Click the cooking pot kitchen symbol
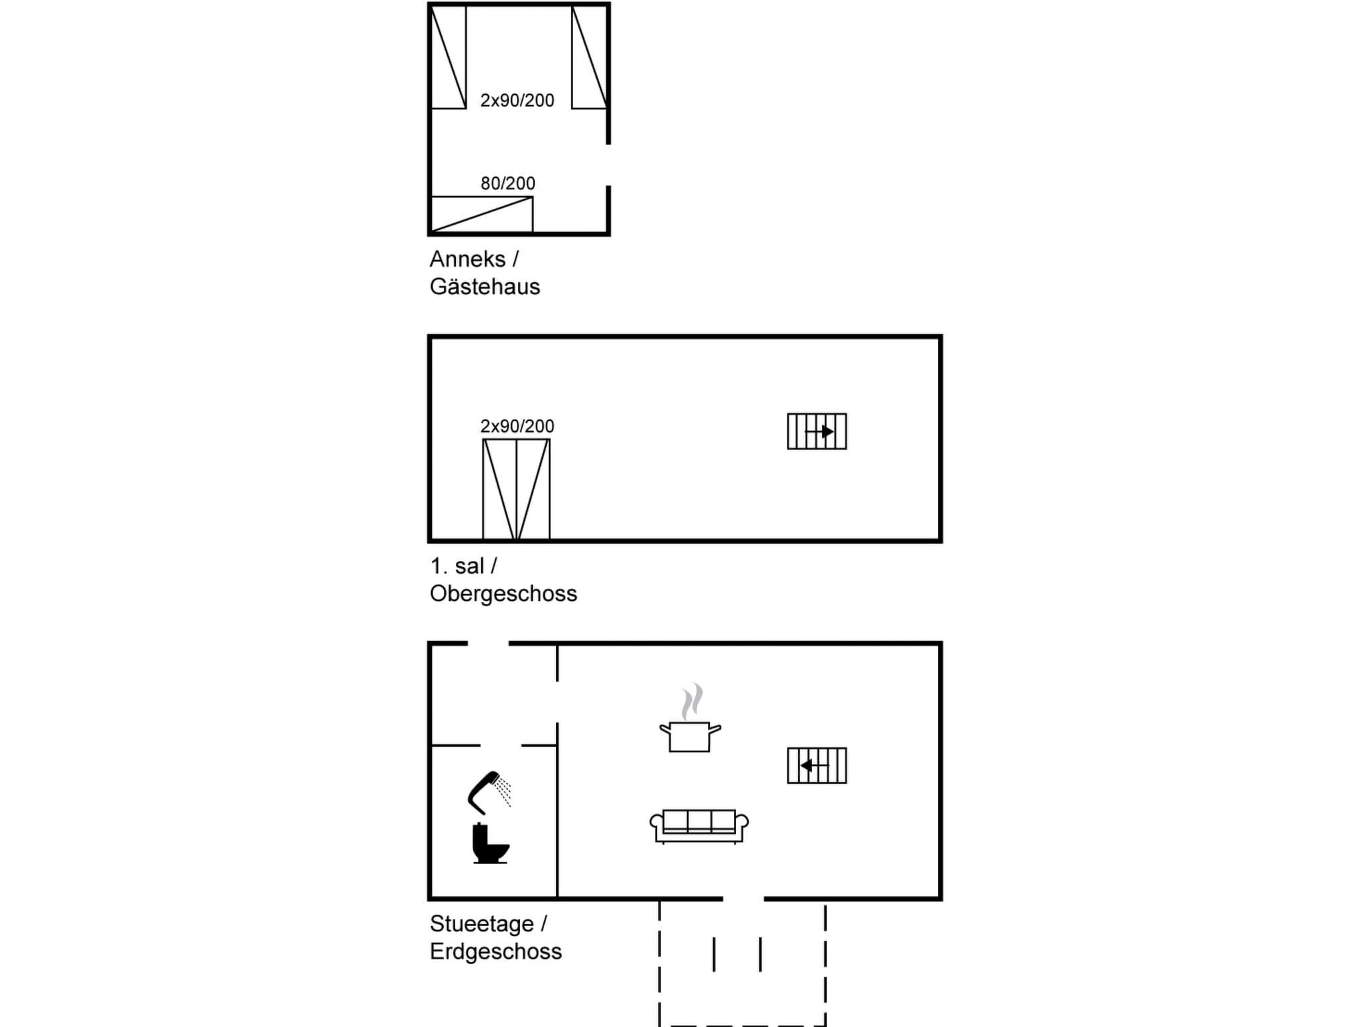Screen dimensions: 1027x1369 tap(690, 734)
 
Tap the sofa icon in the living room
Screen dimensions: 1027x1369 tap(699, 826)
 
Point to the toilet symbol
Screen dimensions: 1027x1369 tap(490, 844)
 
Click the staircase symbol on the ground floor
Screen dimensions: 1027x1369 tap(817, 766)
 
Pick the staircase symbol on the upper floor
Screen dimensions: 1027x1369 tap(817, 431)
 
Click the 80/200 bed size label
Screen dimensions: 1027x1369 tap(508, 183)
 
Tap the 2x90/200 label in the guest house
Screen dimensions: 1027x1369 tap(517, 100)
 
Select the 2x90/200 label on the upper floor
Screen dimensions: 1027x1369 tap(517, 426)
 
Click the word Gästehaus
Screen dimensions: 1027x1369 tap(485, 286)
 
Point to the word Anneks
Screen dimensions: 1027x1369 tap(467, 259)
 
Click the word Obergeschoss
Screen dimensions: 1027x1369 tap(503, 593)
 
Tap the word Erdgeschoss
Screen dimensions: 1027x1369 tap(495, 951)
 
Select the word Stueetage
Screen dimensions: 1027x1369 tap(481, 923)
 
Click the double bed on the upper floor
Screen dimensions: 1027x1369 tap(516, 489)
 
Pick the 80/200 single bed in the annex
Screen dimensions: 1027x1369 tap(481, 214)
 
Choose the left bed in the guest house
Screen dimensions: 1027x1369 tap(449, 58)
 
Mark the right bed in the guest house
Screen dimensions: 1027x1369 tap(589, 58)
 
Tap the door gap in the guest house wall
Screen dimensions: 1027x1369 tap(608, 165)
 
